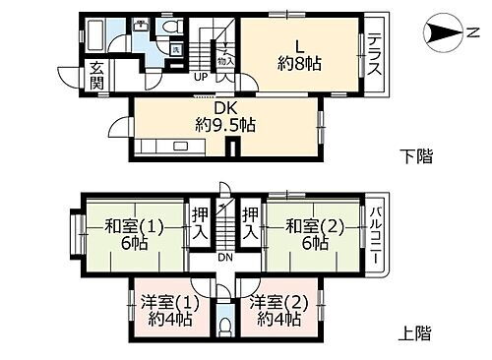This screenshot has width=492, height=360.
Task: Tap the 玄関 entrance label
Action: (x=97, y=75)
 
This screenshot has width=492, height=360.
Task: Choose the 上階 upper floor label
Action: (x=416, y=332)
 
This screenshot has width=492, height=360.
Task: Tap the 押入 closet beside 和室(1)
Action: (x=200, y=223)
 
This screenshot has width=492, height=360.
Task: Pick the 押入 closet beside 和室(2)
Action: (x=251, y=223)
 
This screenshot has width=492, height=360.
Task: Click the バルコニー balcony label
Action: (x=375, y=236)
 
